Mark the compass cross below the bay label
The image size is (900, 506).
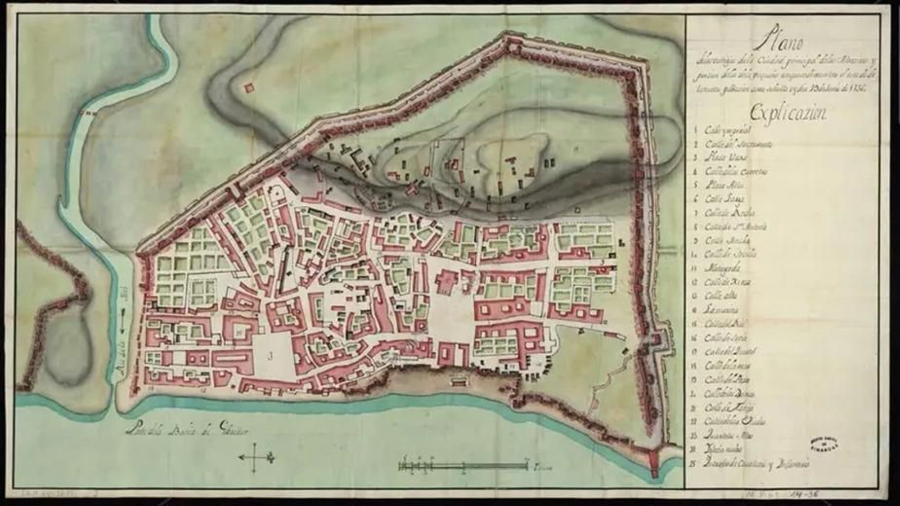[x=256, y=457]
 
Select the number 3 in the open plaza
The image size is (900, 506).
[x=271, y=355]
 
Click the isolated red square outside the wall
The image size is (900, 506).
[x=249, y=87]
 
